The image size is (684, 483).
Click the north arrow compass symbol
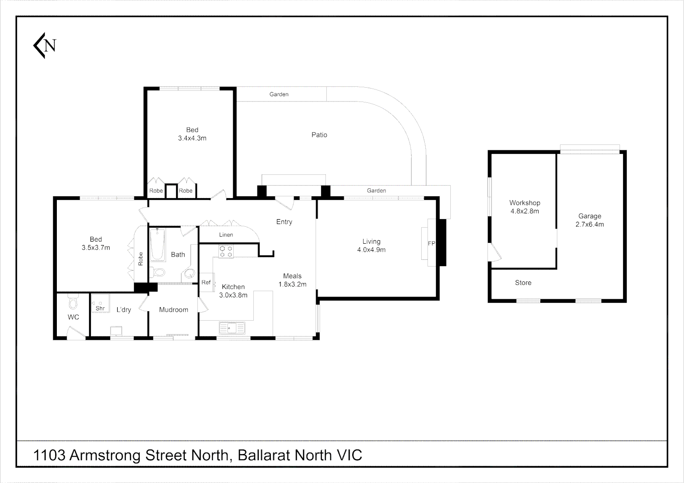pyautogui.click(x=45, y=45)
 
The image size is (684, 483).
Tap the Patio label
pyautogui.click(x=319, y=135)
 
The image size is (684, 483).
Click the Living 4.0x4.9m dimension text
pyautogui.click(x=371, y=250)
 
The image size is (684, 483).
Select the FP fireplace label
pyautogui.click(x=432, y=243)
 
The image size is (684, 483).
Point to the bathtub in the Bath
pyautogui.click(x=158, y=245)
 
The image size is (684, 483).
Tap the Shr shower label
pyautogui.click(x=100, y=308)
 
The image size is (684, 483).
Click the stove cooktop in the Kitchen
pyautogui.click(x=226, y=251)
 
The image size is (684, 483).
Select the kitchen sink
pyautogui.click(x=231, y=328)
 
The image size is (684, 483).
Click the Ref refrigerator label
pyautogui.click(x=206, y=282)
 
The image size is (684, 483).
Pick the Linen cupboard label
pyautogui.click(x=226, y=235)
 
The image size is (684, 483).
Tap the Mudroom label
pyautogui.click(x=174, y=309)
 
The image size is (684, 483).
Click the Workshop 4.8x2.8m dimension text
pyautogui.click(x=525, y=211)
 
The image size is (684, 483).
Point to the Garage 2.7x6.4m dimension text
pyautogui.click(x=590, y=225)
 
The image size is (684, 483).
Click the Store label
pyautogui.click(x=523, y=283)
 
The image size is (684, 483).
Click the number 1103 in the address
pyautogui.click(x=50, y=455)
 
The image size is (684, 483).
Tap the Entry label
pyautogui.click(x=284, y=222)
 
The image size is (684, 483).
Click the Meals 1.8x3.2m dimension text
pyautogui.click(x=292, y=284)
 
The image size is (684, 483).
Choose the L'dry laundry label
pyautogui.click(x=124, y=309)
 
